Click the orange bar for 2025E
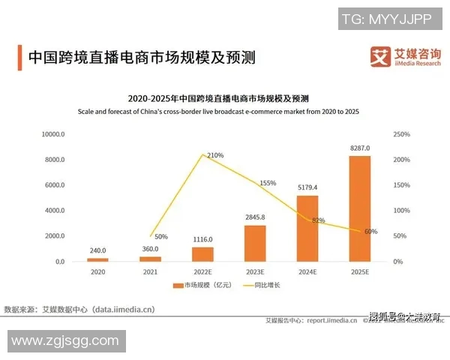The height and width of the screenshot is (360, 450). tap(359, 208)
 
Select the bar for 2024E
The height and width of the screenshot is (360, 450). tap(307, 228)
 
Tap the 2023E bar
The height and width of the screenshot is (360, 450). tap(255, 243)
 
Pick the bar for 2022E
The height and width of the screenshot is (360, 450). tap(202, 253)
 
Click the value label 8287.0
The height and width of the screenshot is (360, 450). tap(360, 148)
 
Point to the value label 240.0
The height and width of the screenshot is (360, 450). tap(97, 250)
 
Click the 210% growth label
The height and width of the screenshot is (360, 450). tap(214, 155)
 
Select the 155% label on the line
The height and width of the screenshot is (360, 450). tap(268, 183)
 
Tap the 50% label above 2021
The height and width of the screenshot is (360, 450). tap(160, 236)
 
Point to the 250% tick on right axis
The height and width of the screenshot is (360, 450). tap(401, 134)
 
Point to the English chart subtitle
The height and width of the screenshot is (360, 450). tap(218, 112)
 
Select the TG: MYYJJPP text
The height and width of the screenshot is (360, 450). tap(386, 19)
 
